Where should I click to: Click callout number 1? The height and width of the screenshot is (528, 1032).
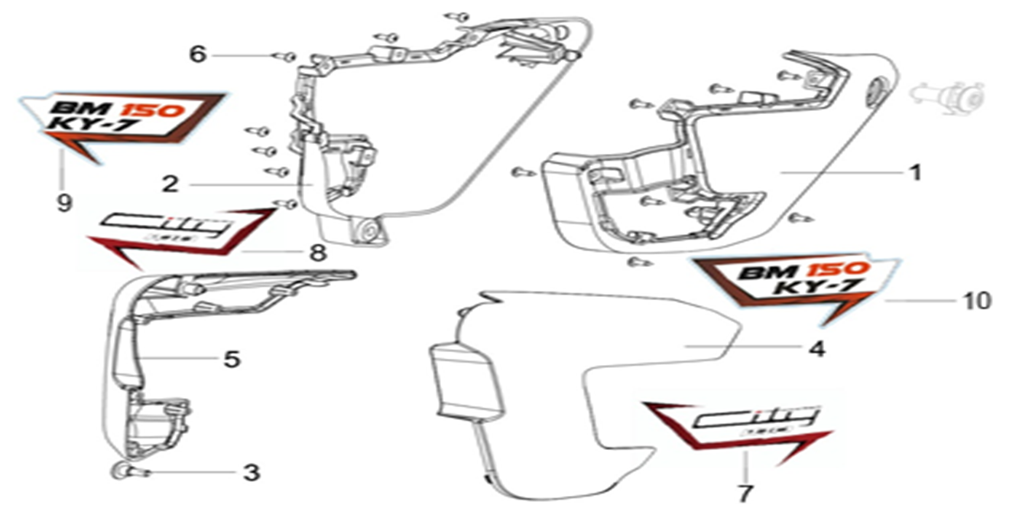[913, 173]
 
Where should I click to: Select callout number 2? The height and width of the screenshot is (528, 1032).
[170, 184]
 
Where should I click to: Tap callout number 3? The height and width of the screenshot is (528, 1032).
[252, 473]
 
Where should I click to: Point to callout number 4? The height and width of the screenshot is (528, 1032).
[816, 350]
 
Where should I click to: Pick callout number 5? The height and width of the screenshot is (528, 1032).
[232, 358]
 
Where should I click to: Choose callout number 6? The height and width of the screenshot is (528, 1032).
[198, 55]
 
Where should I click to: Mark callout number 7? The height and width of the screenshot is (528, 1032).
[745, 494]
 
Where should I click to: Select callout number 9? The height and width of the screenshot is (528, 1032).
[64, 203]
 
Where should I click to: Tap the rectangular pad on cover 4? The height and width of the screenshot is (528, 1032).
[467, 383]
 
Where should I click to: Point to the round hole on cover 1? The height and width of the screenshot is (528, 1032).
[875, 89]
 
